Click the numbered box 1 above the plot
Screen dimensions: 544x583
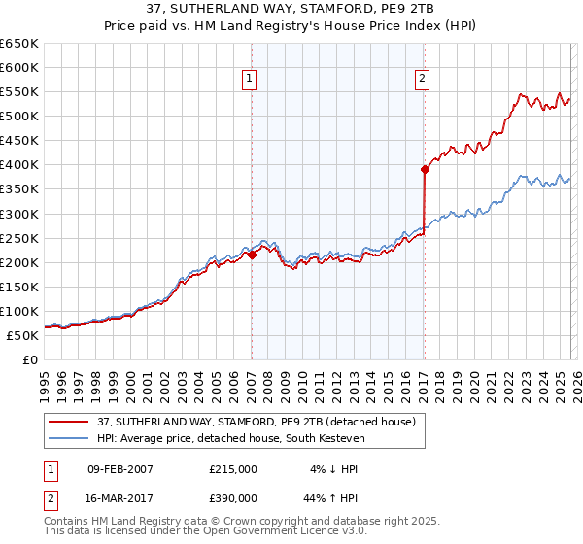coord(250,80)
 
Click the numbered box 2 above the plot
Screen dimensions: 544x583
coord(423,80)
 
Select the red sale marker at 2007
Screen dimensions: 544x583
coord(252,255)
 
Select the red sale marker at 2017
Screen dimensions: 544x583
coord(425,169)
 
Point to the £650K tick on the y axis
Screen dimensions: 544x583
coord(19,44)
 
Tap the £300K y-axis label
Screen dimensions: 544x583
coord(19,214)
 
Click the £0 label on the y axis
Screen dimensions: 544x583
coord(29,359)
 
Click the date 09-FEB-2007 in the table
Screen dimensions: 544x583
coord(120,469)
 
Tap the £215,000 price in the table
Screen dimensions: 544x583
coord(233,469)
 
